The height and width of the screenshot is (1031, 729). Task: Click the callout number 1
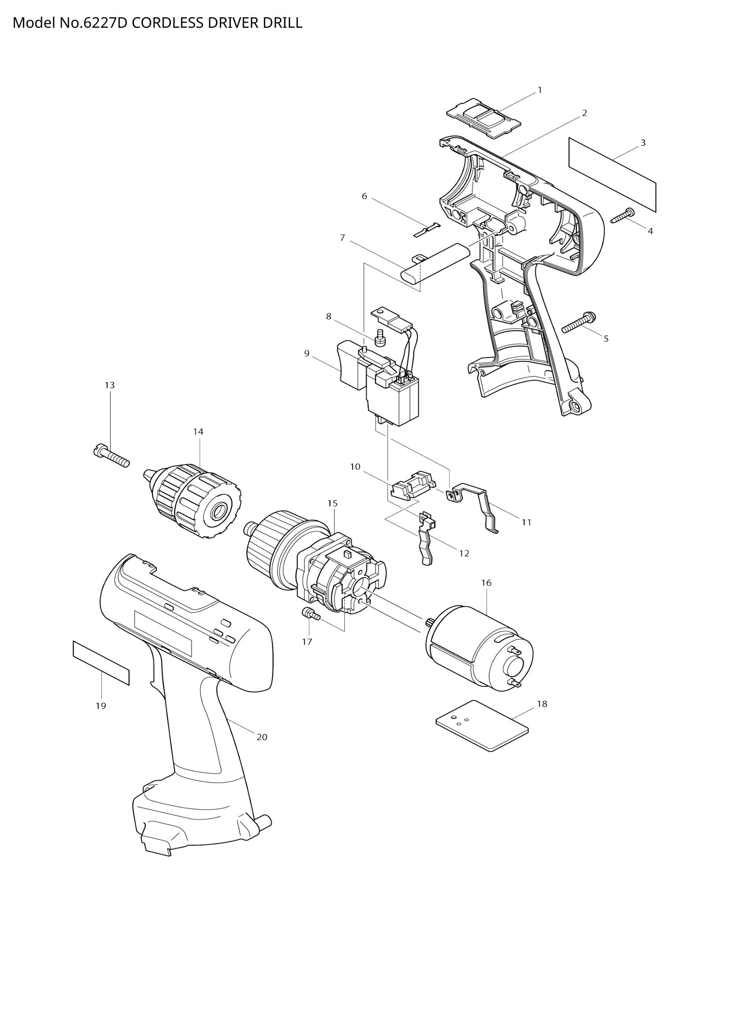[x=539, y=90]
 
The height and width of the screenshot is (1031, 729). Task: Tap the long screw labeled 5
[x=579, y=323]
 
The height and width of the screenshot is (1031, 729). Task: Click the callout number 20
[x=262, y=737]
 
